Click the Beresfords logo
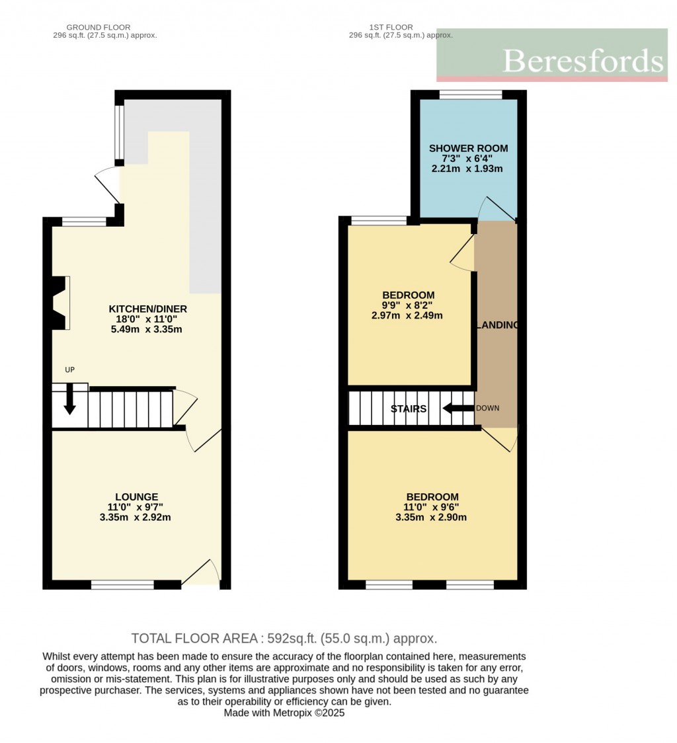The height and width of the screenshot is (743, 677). coord(552,56)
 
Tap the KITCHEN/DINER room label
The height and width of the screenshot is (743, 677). coord(147,309)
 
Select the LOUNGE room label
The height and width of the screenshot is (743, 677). coord(136,496)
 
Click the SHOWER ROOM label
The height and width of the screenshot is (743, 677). coord(468,148)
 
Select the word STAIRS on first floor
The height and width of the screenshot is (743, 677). coord(409,409)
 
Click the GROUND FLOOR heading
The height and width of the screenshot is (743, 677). coord(99,27)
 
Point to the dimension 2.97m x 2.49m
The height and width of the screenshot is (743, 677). coord(407,315)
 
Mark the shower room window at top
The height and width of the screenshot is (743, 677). coord(471,95)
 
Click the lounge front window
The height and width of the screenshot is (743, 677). coord(122,584)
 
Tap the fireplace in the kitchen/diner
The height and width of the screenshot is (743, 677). coord(61,303)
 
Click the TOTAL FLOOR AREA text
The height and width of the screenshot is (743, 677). coord(284,639)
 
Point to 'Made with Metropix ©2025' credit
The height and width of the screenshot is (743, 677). coord(284,713)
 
